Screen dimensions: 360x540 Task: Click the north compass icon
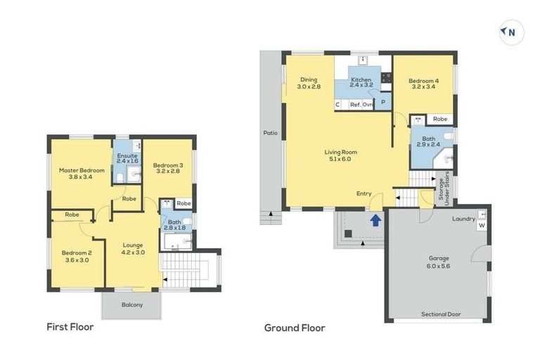(x=511, y=32)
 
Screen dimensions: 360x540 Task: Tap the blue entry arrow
(x=375, y=221)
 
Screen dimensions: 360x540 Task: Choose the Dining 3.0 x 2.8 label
(x=309, y=84)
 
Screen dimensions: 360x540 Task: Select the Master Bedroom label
(x=82, y=174)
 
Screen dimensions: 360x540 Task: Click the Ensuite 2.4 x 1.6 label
(x=127, y=159)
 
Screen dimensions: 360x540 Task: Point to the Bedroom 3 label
(x=167, y=169)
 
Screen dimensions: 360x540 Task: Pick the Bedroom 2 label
(x=77, y=257)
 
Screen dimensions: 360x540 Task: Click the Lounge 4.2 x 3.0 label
(x=132, y=248)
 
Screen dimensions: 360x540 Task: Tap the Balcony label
(x=131, y=304)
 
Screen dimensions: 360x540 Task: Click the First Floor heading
(x=70, y=327)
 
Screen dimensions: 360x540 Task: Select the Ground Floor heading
(x=295, y=328)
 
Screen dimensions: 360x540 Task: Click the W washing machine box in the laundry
(x=482, y=226)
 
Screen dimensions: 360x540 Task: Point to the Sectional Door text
(x=441, y=314)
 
